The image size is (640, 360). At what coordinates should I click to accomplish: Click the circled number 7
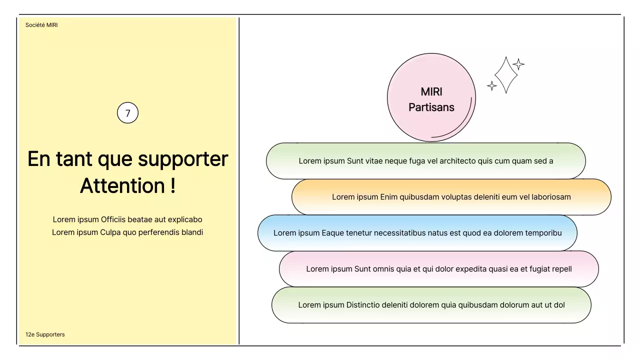coord(127,113)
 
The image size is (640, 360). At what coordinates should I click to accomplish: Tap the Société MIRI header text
coord(41,25)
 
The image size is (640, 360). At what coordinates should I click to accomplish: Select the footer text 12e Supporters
coord(45,334)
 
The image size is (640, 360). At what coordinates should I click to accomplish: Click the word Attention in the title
coord(122,186)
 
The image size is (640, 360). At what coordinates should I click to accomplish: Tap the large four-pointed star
coord(505,75)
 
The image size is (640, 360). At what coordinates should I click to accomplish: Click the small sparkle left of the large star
coord(492,86)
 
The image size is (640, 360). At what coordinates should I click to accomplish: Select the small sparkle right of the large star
coord(518,64)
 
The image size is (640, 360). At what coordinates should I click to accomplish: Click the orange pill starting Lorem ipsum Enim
coord(451,197)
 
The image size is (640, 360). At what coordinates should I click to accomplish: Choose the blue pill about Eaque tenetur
coord(417,233)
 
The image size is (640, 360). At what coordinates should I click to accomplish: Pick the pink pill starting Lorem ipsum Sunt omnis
coord(438,269)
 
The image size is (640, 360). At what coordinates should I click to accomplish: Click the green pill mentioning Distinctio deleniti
coord(431,305)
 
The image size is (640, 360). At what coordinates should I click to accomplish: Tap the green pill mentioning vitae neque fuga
coord(425,161)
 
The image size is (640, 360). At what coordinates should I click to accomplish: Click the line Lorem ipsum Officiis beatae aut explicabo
coord(127,219)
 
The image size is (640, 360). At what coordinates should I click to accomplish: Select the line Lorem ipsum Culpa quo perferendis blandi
coord(127,232)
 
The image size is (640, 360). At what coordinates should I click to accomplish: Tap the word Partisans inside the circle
coord(431,107)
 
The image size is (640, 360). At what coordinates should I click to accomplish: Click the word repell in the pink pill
coord(561,269)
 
